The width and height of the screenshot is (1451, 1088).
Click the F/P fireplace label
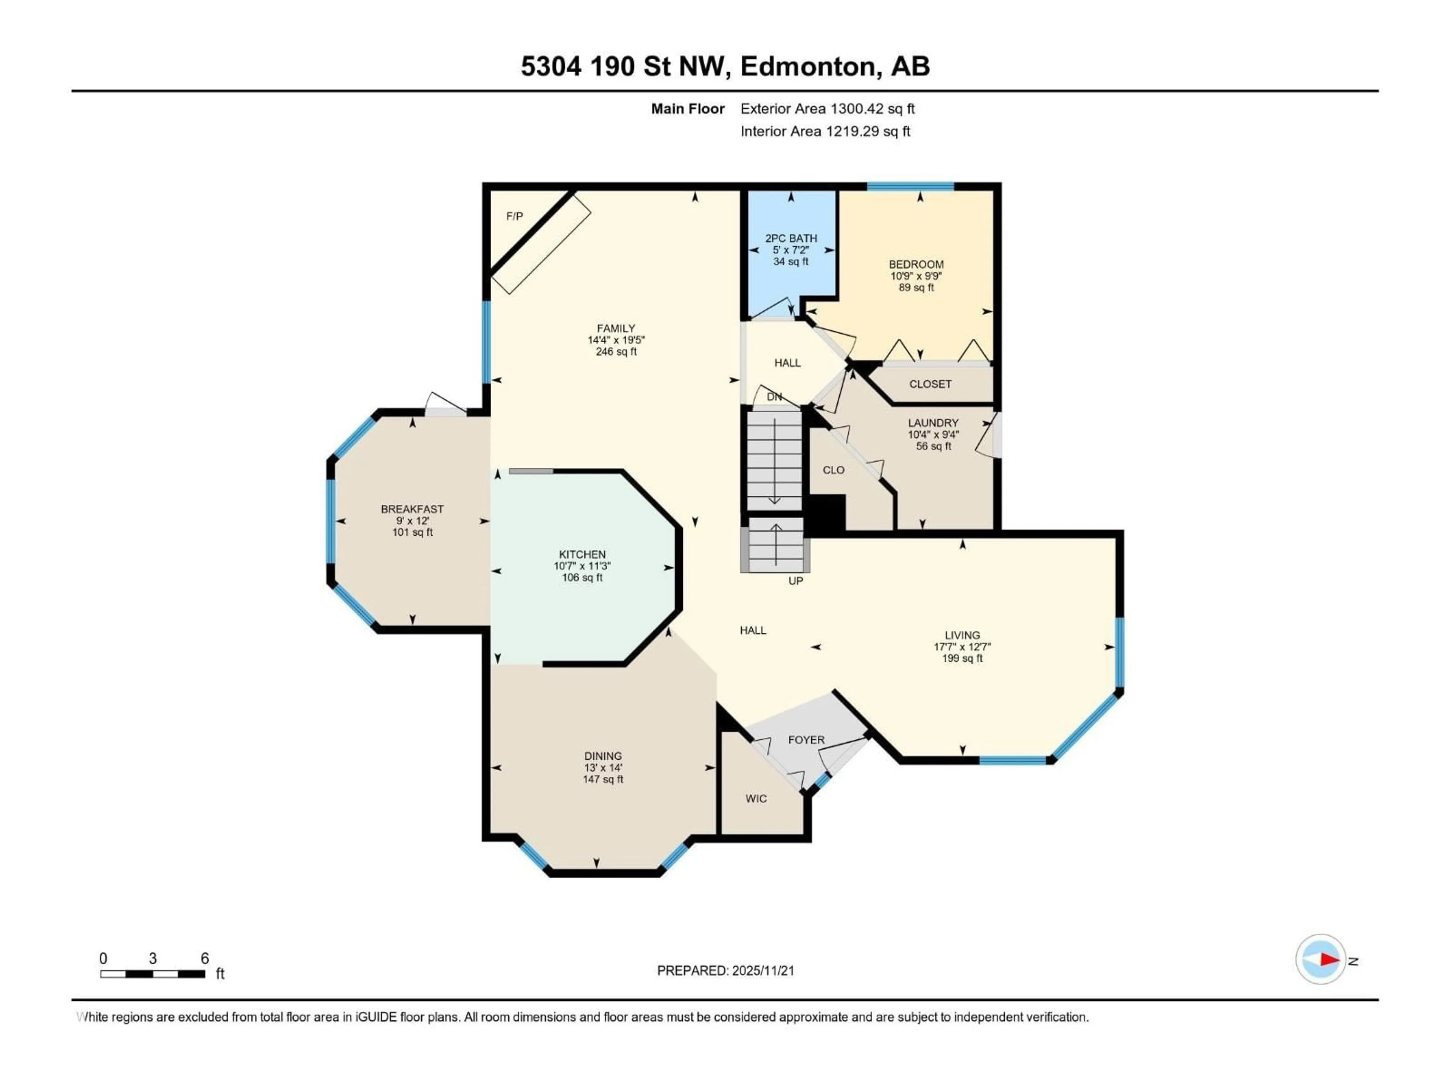pos(514,216)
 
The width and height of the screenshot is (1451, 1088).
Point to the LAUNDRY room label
pos(933,423)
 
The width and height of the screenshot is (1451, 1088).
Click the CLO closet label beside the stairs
pos(833,470)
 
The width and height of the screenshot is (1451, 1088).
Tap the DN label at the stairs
pos(774,397)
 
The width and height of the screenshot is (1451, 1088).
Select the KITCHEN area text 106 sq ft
pos(582,578)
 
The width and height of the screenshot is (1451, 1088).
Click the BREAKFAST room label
pos(412,509)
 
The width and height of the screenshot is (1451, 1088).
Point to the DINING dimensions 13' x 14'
pos(603,767)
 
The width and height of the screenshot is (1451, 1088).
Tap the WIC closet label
pos(756,799)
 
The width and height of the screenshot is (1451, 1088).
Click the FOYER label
pos(806,740)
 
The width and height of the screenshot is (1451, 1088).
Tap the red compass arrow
pos(1330,960)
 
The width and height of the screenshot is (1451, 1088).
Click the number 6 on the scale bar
pos(205,959)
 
